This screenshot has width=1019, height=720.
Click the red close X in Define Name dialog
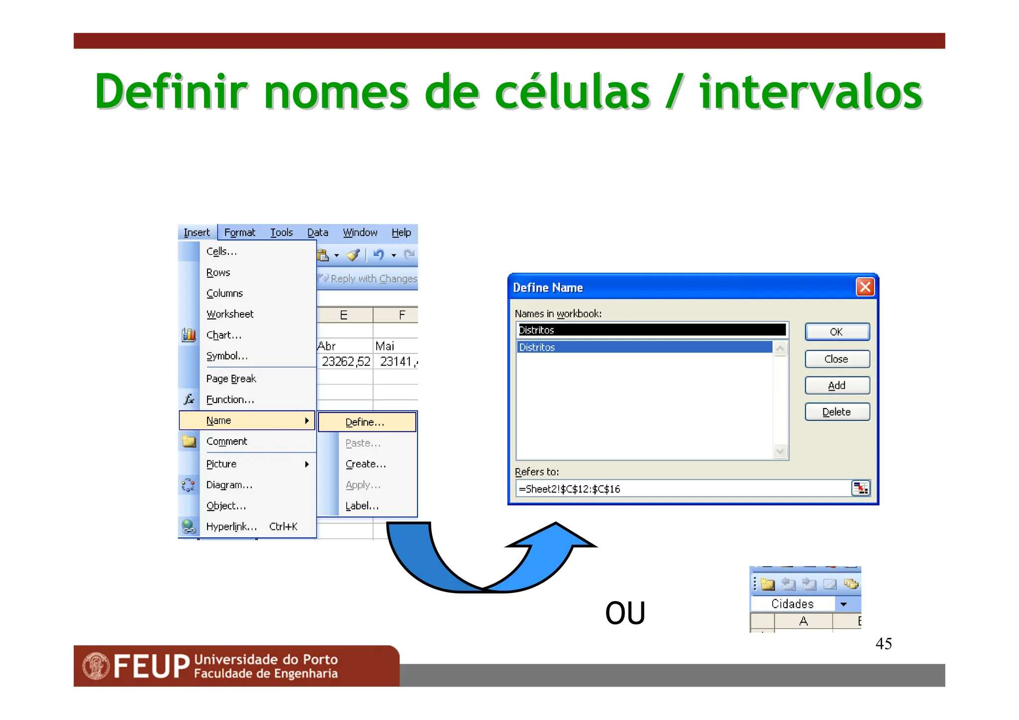tap(865, 287)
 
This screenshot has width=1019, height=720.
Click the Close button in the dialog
tap(837, 359)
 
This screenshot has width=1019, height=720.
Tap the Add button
tap(837, 385)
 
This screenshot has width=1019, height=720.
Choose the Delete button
tap(837, 411)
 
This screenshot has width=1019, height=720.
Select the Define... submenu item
tap(366, 422)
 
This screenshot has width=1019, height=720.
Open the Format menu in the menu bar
tap(239, 232)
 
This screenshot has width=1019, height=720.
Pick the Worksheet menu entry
tap(230, 314)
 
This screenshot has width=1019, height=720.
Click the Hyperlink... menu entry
tap(232, 526)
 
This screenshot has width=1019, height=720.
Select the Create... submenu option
tap(366, 464)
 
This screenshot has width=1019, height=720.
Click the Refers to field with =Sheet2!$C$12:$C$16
tap(682, 489)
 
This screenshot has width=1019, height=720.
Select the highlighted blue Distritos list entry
tap(644, 347)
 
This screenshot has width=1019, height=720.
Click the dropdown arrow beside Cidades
tap(843, 604)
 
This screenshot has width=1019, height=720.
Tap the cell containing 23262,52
tap(345, 362)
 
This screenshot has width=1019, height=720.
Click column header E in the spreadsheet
tap(344, 315)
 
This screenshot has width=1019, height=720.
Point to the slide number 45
tap(883, 643)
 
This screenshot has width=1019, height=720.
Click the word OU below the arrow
tap(625, 613)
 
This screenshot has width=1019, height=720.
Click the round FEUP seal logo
tap(96, 666)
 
